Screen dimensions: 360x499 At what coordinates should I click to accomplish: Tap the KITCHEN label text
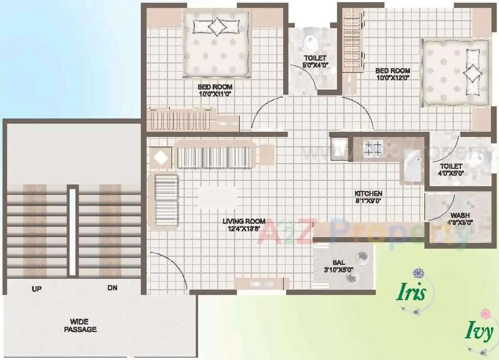click(368, 193)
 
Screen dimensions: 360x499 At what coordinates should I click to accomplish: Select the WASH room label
click(461, 215)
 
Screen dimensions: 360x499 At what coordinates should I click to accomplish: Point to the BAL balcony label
click(339, 262)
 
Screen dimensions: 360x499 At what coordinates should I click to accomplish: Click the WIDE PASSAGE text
click(80, 325)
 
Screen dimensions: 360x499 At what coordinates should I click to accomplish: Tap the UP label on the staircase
click(36, 289)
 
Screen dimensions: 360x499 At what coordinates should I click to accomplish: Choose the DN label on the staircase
click(112, 288)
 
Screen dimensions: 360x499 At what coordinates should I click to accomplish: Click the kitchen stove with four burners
click(373, 148)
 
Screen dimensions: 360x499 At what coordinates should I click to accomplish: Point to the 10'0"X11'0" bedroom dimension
click(215, 93)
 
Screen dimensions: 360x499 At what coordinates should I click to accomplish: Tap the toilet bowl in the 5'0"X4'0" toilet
click(310, 43)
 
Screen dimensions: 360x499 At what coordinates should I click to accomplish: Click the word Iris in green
click(412, 293)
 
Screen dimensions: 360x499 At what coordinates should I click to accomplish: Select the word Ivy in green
click(479, 332)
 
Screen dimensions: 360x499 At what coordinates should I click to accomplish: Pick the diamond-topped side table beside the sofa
click(161, 157)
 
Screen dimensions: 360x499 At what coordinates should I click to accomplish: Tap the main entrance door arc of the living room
click(173, 268)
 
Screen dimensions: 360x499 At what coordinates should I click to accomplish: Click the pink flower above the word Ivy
click(485, 312)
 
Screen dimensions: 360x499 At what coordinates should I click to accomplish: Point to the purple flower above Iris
click(418, 273)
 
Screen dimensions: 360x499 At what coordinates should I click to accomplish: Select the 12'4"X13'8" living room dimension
click(244, 228)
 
